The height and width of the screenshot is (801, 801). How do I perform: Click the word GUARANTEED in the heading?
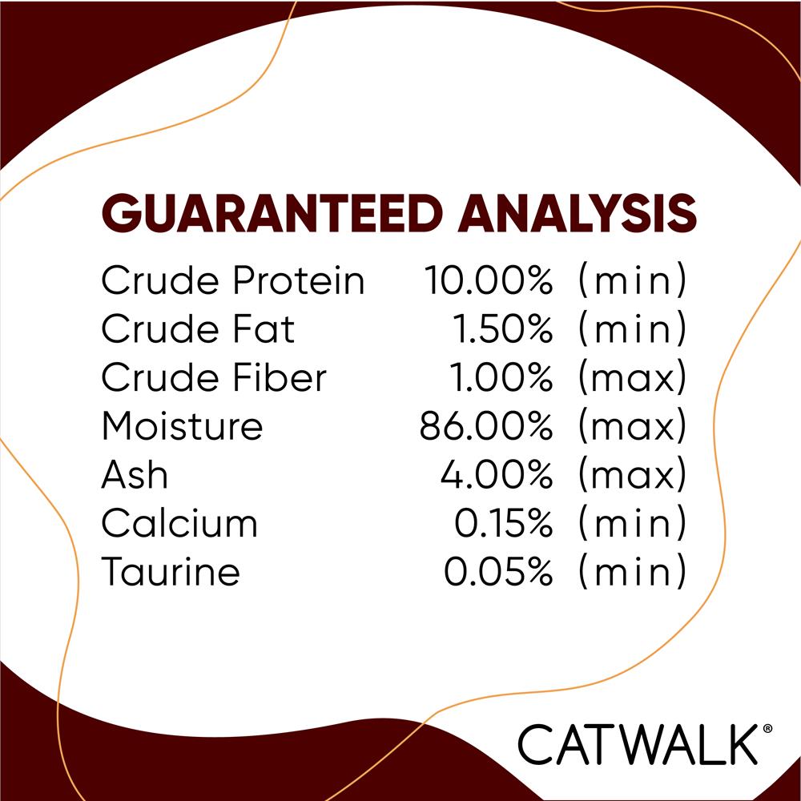272,214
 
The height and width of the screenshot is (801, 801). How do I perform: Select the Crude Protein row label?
232,281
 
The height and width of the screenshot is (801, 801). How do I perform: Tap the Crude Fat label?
198,329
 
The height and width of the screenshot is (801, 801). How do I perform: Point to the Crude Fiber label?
214,378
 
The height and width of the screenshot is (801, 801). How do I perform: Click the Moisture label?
182,427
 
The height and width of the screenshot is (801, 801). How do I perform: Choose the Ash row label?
135,476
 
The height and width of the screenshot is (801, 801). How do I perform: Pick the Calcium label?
179,524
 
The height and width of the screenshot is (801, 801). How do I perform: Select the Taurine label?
171,573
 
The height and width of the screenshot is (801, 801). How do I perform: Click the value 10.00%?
488,281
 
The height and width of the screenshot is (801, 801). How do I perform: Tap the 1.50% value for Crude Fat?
504,329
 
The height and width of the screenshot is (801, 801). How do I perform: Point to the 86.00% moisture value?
486,427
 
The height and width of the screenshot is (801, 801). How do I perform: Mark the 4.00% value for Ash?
497,476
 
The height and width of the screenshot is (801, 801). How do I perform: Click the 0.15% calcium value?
503,524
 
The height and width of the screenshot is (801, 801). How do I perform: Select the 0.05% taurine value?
497,573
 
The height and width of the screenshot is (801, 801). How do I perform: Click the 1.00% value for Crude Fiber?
504,378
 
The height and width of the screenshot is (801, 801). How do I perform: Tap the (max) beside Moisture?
633,427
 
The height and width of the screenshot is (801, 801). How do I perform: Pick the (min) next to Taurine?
633,573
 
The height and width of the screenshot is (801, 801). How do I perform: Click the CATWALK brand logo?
637,745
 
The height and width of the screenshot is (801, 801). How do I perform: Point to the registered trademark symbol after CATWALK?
767,728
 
